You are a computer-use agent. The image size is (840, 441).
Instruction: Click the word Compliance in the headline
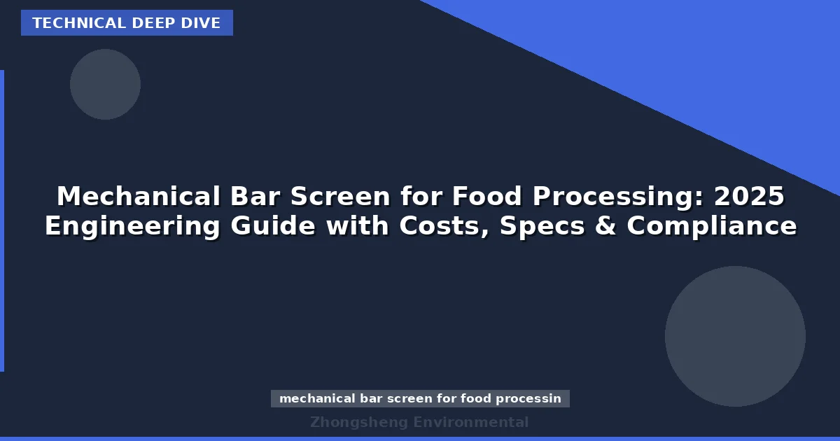[711, 227]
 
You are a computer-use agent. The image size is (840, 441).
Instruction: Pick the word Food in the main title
[486, 197]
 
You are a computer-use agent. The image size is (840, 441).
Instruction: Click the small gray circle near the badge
[105, 84]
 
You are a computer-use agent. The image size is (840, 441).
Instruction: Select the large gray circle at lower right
[735, 336]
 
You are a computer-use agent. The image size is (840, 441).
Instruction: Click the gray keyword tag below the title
[420, 399]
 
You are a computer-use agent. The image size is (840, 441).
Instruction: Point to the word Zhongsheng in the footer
[358, 422]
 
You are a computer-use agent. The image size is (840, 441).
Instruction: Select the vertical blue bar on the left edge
[2, 220]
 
